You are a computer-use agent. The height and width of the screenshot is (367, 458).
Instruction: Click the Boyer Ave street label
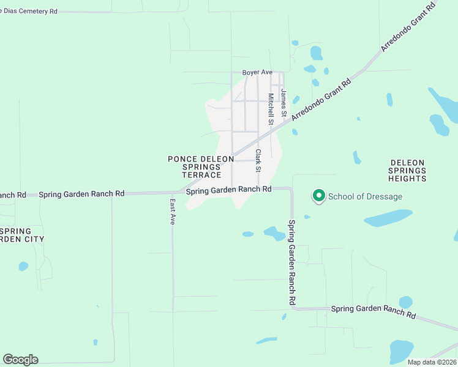(x=257, y=72)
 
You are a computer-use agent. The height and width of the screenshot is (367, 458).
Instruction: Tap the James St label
(x=283, y=103)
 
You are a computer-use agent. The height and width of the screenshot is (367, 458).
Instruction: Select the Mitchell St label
(x=271, y=109)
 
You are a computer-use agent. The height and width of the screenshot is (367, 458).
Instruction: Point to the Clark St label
(x=258, y=160)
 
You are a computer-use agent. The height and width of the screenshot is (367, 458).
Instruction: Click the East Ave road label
(x=173, y=212)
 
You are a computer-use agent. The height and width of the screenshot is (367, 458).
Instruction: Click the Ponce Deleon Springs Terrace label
(x=201, y=167)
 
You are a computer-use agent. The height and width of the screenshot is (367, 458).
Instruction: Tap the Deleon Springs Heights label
(x=407, y=171)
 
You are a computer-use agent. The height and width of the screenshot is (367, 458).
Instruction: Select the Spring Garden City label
(x=23, y=235)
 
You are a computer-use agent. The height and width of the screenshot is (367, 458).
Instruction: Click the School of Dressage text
(x=366, y=196)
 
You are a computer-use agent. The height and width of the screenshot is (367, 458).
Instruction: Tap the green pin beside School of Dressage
(x=318, y=196)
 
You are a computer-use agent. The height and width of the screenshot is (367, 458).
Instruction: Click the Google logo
(x=20, y=360)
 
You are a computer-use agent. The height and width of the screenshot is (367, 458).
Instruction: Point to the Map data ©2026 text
(x=432, y=362)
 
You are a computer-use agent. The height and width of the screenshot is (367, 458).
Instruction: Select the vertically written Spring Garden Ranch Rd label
(x=293, y=263)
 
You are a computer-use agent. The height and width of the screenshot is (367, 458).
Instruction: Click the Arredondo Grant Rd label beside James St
(x=321, y=98)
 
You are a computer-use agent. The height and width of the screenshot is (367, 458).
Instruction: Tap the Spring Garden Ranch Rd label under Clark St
(x=228, y=190)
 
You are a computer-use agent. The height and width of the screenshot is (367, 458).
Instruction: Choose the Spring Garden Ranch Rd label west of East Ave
(x=81, y=194)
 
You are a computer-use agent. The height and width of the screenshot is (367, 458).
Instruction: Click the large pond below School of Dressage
(x=388, y=218)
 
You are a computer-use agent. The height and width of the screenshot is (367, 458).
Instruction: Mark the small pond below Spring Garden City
(x=23, y=266)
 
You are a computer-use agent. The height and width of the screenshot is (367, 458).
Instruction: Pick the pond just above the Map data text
(x=402, y=351)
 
